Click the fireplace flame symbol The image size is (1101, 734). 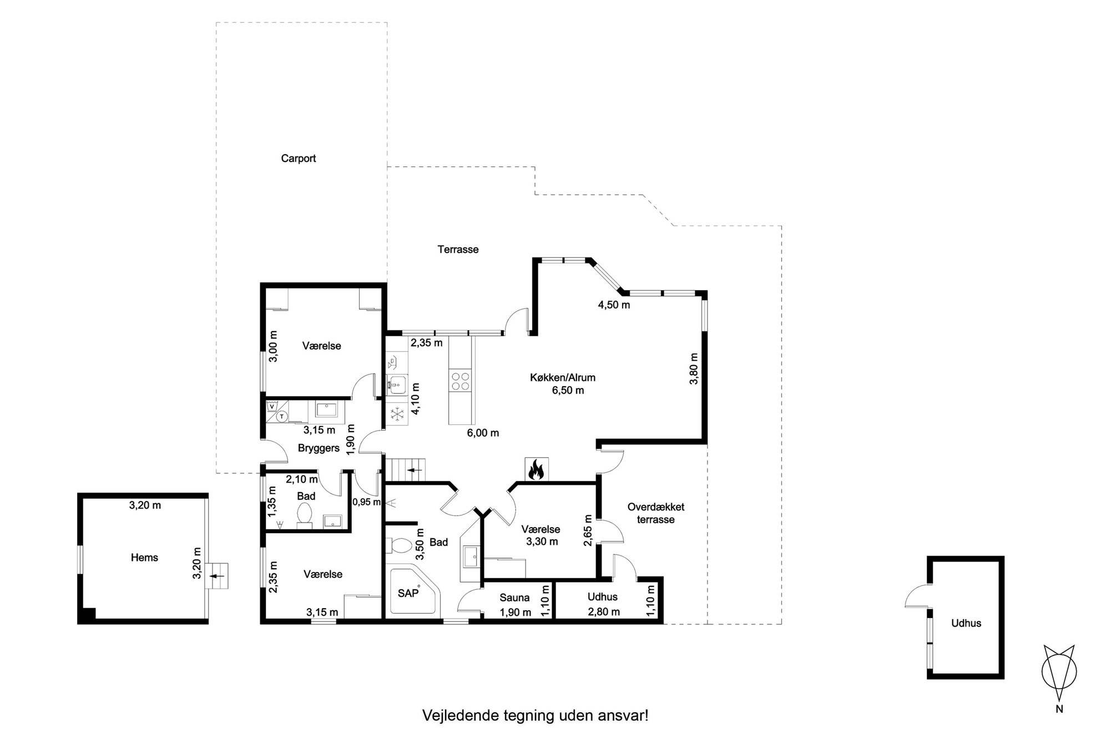(536, 470)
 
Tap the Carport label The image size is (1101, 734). (298, 159)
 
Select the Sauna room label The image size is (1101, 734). (514, 598)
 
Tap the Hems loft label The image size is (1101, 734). (144, 558)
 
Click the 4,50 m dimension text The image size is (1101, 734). (613, 305)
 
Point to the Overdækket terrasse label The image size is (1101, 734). (655, 513)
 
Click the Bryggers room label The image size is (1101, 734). (319, 448)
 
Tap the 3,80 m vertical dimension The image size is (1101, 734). (693, 369)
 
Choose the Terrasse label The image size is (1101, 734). (458, 250)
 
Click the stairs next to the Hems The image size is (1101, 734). (218, 576)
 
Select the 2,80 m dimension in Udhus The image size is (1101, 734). (604, 612)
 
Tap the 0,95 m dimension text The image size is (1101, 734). (366, 502)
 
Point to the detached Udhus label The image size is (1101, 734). (966, 623)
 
